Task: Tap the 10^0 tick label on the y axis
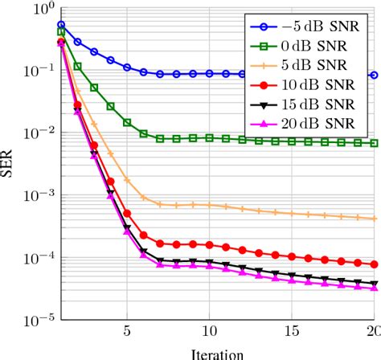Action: tap(41, 10)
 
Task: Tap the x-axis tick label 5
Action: tap(127, 332)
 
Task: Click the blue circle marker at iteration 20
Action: tap(374, 76)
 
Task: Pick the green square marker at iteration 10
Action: tap(209, 137)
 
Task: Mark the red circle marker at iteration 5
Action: tap(127, 213)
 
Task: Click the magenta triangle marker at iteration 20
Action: tap(374, 288)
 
